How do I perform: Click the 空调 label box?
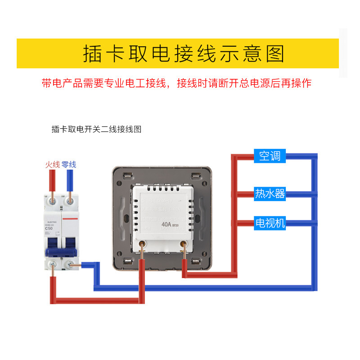click(270, 156)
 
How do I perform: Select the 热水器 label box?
click(270, 193)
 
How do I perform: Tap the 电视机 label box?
click(270, 223)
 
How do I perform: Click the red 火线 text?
click(52, 165)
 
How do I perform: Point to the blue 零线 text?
click(69, 165)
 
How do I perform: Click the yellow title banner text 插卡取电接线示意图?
click(184, 54)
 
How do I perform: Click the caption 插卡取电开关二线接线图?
click(96, 130)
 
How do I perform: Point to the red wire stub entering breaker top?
click(53, 182)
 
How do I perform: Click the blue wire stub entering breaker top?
click(70, 182)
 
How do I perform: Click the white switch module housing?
click(163, 211)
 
